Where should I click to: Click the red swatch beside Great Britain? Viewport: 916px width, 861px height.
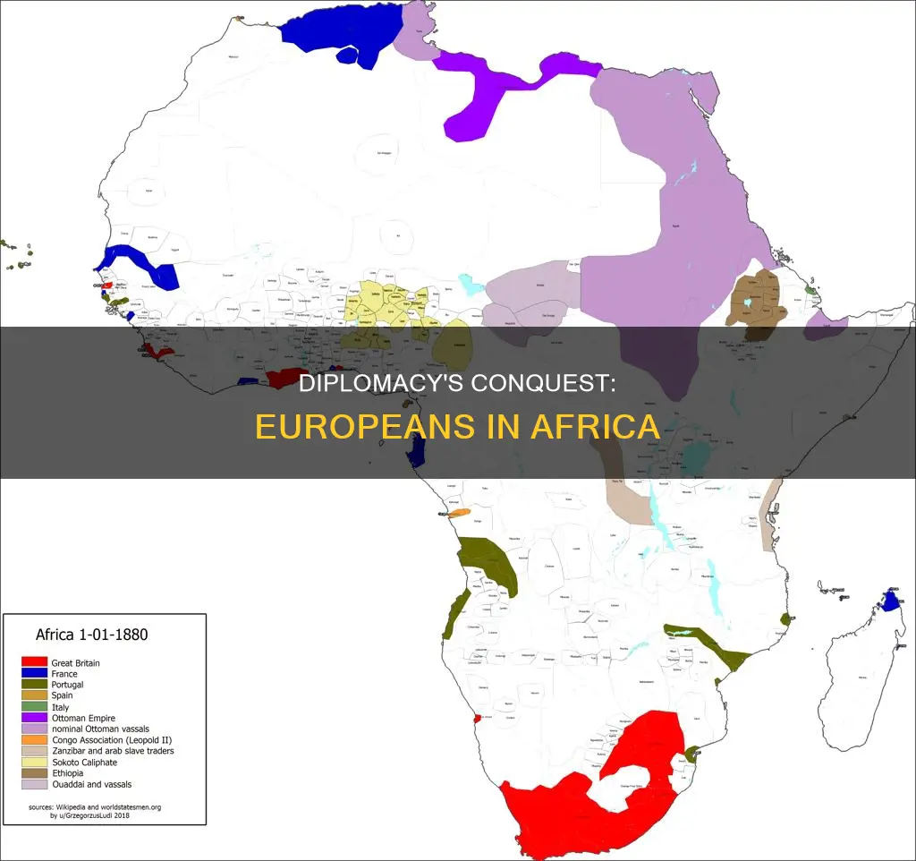34,662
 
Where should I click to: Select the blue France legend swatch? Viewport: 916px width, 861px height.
34,673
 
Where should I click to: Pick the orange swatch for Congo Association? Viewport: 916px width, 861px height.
34,739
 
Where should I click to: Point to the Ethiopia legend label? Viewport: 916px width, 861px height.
67,772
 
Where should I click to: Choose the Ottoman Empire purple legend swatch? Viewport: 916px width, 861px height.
34,718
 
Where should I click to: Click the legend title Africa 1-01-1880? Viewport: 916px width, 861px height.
91,635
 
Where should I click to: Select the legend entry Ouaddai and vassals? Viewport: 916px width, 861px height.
91,784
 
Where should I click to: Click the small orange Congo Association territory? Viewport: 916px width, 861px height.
458,514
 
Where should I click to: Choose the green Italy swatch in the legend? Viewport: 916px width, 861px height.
34,706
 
